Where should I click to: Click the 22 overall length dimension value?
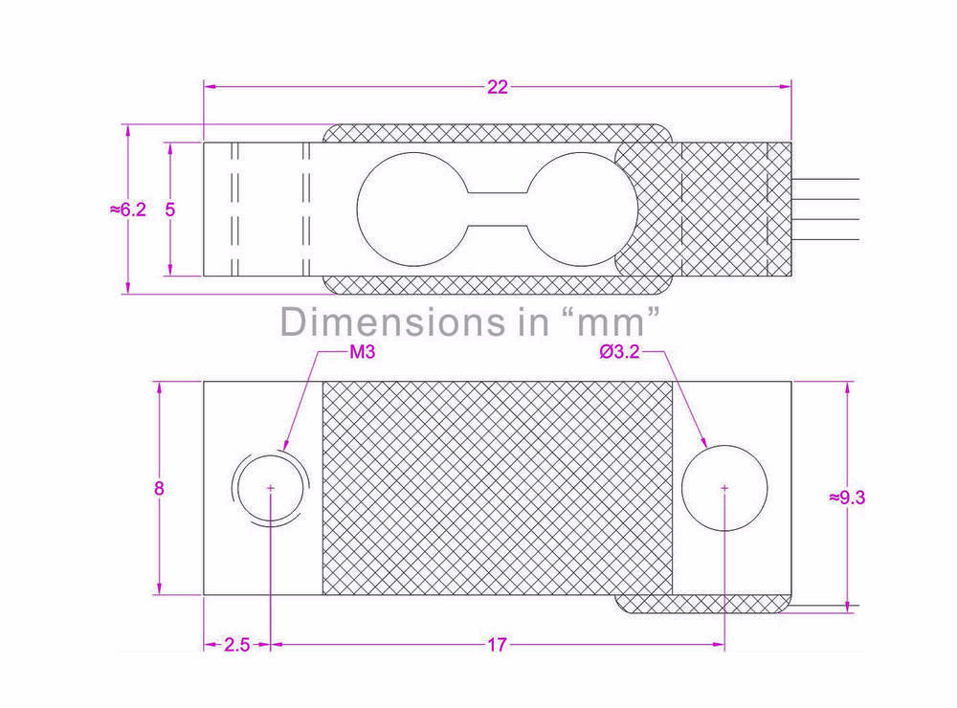click(498, 87)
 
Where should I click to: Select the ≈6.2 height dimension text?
click(128, 210)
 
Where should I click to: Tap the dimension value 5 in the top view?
click(169, 210)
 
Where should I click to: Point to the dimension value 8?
click(159, 488)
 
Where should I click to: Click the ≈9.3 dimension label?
click(847, 498)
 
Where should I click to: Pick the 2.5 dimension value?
click(236, 645)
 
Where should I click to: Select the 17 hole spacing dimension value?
click(497, 645)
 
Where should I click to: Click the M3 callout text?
click(363, 352)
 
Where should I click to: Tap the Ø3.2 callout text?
click(619, 351)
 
